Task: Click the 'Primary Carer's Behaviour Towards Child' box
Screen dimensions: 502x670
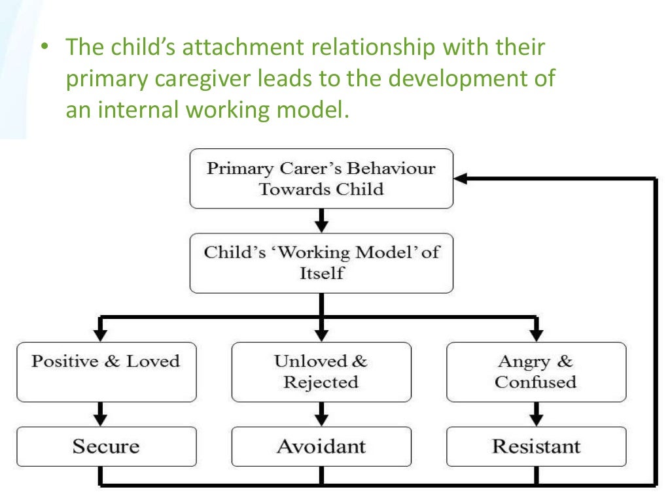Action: [321, 178]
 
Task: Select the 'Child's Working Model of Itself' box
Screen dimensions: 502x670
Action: [321, 263]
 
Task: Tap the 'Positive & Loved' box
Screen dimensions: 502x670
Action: [106, 371]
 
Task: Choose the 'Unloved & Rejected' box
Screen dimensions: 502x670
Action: [321, 371]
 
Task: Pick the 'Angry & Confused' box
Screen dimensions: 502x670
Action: [536, 371]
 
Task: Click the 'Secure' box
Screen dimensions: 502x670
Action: [106, 446]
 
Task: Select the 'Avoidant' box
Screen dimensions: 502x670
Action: [321, 446]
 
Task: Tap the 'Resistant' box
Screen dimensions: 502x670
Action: [536, 446]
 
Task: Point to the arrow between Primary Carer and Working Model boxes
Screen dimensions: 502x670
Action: [321, 221]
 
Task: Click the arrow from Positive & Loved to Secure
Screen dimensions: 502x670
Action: [99, 414]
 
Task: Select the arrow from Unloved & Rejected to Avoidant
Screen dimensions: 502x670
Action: [321, 414]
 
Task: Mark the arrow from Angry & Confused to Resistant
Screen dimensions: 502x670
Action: [536, 414]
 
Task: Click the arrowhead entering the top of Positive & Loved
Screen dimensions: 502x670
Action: [99, 334]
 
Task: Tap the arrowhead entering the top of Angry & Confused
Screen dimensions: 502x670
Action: [536, 334]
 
